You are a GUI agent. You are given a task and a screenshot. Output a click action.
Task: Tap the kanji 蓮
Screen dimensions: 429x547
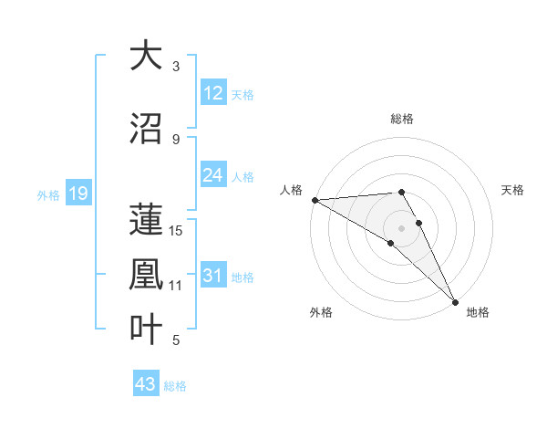[146, 219]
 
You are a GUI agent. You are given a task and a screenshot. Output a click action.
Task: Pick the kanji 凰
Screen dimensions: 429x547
[146, 274]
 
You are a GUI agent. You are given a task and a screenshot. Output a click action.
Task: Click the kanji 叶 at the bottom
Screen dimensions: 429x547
[146, 329]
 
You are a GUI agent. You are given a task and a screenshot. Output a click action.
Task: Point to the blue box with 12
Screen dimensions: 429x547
[213, 93]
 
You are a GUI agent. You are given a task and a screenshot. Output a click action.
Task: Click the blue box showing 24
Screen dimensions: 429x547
[213, 175]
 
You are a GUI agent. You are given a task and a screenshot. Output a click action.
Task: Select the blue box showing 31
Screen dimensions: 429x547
[213, 277]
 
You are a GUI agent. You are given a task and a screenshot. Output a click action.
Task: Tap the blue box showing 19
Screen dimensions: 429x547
[77, 194]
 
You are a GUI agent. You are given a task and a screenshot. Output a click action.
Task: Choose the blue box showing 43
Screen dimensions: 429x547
[146, 384]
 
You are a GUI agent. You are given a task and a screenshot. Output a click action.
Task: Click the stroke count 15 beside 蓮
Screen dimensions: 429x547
[177, 230]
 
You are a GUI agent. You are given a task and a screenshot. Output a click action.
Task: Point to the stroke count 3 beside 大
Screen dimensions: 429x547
[176, 66]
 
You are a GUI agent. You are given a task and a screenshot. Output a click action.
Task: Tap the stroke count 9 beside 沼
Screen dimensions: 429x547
[176, 139]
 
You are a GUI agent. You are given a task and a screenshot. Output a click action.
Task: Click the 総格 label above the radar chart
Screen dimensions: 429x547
[402, 119]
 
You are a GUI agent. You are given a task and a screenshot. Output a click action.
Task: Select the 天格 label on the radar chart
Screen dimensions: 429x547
[513, 190]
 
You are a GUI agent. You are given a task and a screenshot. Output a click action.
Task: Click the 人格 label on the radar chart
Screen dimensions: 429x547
[291, 190]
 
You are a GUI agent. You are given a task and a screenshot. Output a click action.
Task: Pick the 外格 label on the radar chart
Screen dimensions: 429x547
[321, 312]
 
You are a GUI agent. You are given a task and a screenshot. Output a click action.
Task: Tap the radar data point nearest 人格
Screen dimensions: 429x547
[315, 200]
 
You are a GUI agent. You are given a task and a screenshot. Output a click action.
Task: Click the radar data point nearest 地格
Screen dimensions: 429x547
[454, 301]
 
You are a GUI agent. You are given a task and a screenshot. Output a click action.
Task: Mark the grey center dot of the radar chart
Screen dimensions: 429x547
[402, 227]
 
